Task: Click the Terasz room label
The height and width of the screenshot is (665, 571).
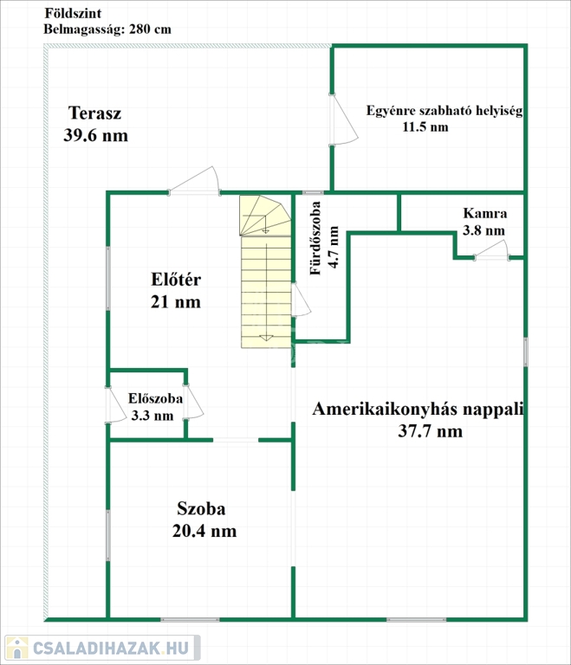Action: coord(94,113)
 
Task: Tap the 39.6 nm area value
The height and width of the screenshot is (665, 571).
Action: coord(95,135)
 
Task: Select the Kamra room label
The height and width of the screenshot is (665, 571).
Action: coord(484,213)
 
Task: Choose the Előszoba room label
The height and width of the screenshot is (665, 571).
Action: coord(155,398)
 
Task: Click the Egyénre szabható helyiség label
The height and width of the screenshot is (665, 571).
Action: coord(444,111)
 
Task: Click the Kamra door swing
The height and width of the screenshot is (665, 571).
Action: coord(492,250)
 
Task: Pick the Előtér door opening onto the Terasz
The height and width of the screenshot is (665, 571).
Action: coord(195,180)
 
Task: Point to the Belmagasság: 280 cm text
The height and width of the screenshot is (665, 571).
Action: coord(107,29)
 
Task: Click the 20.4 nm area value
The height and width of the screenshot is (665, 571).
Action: coord(205,531)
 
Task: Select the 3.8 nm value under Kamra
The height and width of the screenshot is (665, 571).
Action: coord(483,230)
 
